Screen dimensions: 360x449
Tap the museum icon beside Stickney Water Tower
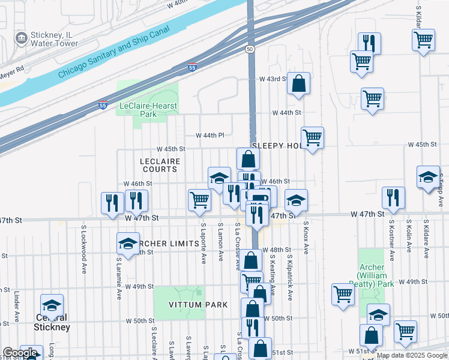point(21,38)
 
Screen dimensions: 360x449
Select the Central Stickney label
point(52,323)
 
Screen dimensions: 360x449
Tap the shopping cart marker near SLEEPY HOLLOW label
point(312,137)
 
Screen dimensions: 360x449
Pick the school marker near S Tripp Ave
point(428,177)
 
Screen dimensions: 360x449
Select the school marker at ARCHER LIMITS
point(127,243)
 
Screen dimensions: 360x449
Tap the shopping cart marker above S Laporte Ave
point(199,200)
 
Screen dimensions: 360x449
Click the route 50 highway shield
point(250,48)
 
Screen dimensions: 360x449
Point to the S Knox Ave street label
point(306,240)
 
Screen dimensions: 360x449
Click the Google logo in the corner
point(20,353)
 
